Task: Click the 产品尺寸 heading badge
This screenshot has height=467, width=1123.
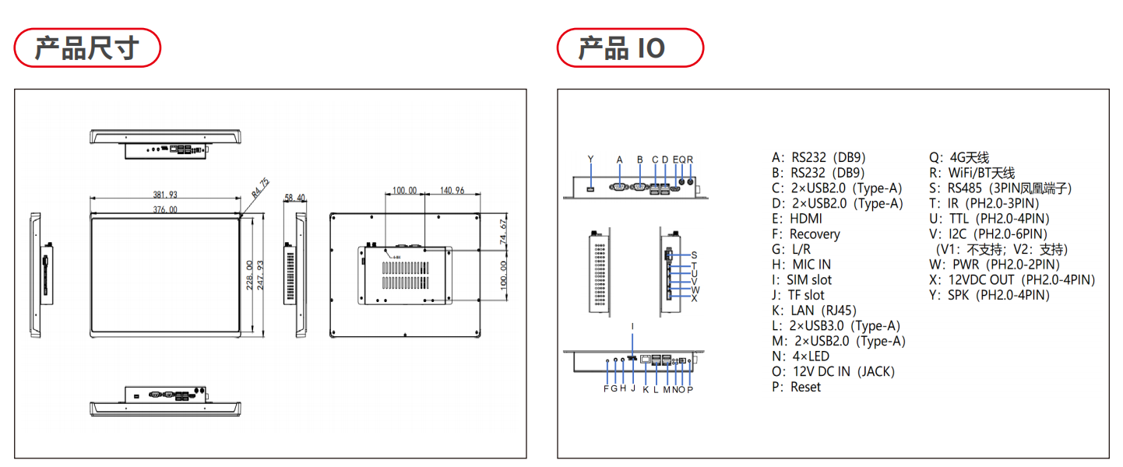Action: [86, 48]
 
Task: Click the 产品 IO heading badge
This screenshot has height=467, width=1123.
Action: [629, 48]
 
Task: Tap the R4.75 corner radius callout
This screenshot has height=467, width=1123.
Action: [260, 187]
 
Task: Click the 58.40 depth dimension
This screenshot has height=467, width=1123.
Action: [296, 198]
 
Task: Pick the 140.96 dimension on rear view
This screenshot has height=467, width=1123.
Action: [452, 191]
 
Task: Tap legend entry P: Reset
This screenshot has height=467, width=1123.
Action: [796, 387]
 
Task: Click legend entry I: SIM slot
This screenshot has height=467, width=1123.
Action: [801, 280]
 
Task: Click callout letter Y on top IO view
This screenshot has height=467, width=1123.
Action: [590, 160]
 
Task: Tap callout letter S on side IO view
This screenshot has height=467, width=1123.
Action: [694, 255]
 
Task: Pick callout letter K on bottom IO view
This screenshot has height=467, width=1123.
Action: [646, 389]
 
